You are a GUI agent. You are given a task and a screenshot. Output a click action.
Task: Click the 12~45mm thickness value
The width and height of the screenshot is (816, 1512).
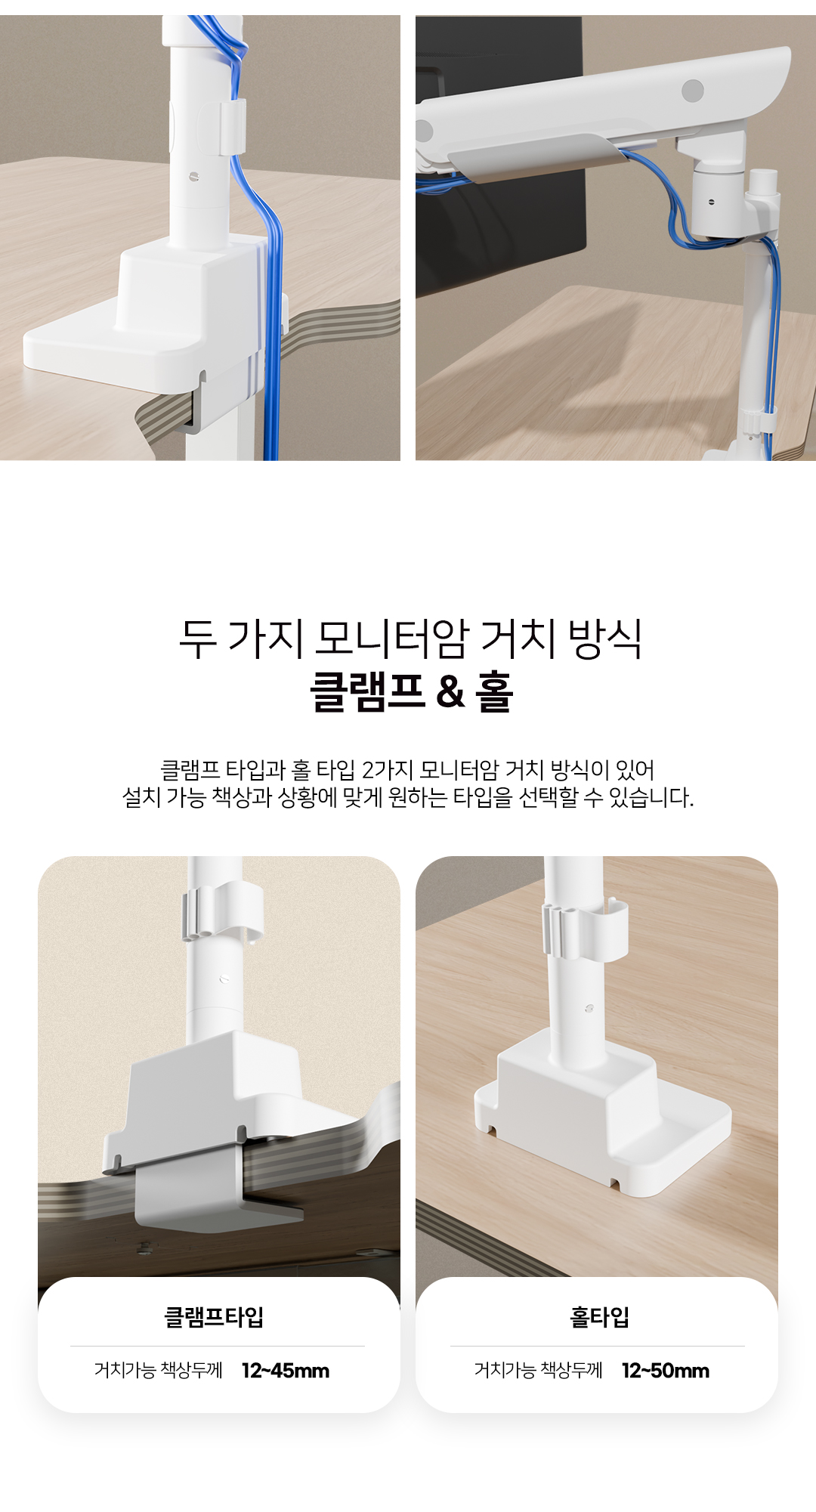coord(286,1371)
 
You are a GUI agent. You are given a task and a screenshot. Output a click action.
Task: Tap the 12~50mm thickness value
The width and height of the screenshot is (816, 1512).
coord(666,1371)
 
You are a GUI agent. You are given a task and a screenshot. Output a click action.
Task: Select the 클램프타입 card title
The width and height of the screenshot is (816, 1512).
coord(215,1317)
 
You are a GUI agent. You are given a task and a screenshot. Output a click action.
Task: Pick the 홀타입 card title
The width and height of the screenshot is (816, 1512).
coord(599,1317)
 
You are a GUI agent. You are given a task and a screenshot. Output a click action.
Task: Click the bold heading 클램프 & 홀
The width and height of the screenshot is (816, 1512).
coord(412,691)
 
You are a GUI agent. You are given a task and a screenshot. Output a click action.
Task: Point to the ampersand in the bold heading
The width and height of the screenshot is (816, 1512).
coord(450,692)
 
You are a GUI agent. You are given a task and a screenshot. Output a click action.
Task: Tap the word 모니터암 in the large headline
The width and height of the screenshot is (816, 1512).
coord(391,638)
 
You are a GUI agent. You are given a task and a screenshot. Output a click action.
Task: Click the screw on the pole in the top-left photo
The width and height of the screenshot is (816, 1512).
coord(194,178)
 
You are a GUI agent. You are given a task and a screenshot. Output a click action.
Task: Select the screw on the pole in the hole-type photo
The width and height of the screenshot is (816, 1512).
coord(589,1008)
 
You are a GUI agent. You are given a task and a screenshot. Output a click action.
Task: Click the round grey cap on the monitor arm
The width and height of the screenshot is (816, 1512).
coord(692,91)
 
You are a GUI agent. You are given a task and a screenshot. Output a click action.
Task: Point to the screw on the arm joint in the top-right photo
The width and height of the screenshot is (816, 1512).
coord(711,202)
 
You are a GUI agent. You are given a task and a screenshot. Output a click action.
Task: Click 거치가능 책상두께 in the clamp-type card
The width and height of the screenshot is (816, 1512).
coord(159,1371)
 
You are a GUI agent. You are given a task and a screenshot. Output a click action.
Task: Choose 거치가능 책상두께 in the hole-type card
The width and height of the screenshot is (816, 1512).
coord(538,1371)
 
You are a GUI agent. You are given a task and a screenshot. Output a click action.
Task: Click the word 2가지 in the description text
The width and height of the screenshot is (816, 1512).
coord(387,770)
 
